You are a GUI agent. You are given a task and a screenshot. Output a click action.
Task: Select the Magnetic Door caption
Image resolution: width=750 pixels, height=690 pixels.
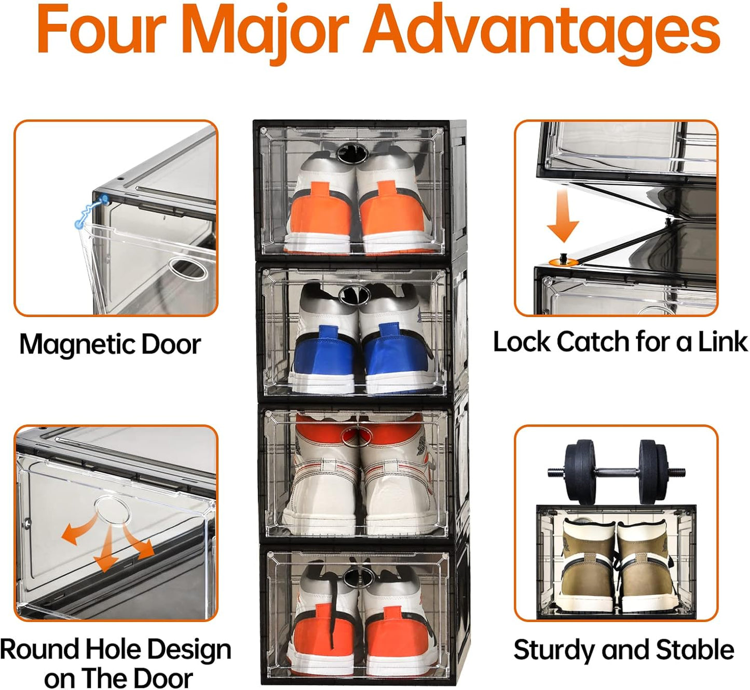(x=110, y=344)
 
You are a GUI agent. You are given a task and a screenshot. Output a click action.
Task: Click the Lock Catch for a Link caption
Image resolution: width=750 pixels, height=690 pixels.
(x=620, y=342)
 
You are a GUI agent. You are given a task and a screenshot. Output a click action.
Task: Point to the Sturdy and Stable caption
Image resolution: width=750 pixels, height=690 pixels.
(x=623, y=650)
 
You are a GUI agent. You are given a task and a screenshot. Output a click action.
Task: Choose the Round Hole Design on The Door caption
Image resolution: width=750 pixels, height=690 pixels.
(x=115, y=663)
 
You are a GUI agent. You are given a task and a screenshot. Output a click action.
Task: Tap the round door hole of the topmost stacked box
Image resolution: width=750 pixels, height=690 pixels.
(x=352, y=152)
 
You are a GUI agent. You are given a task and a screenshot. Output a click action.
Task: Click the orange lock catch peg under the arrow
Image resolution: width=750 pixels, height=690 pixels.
(x=562, y=260)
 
